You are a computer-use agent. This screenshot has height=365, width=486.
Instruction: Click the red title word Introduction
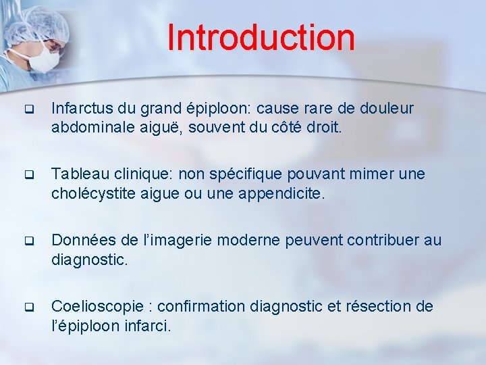[x=261, y=37]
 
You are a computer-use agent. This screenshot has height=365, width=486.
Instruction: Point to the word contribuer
[x=379, y=241]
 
